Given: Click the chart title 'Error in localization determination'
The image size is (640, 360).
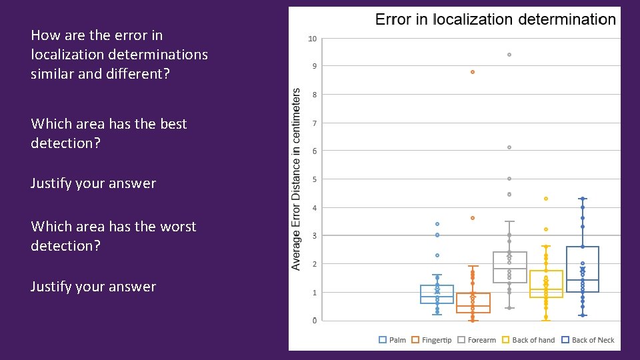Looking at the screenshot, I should [495, 19].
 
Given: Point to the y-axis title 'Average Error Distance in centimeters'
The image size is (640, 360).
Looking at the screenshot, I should [297, 179].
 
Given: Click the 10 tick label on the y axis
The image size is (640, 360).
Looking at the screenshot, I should [312, 39].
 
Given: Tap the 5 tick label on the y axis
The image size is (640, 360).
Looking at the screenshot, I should [314, 179].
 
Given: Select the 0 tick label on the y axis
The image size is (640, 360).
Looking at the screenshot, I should [314, 321].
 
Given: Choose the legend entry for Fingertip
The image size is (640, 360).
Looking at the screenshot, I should [431, 340].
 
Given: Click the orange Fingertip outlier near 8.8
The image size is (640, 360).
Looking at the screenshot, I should [473, 72].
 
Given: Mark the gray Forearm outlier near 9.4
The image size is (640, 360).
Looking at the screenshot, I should [509, 55].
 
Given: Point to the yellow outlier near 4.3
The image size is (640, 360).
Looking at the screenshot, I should [546, 199].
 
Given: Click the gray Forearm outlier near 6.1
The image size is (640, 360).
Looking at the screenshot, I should [509, 147].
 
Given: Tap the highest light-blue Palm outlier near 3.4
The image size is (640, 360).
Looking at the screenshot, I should [437, 224].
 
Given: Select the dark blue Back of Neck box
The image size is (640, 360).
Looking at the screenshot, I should [583, 269].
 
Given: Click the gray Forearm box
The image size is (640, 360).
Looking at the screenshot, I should [509, 267].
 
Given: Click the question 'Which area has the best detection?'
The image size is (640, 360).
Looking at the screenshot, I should [109, 133].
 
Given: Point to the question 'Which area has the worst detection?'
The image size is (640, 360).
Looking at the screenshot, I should [113, 236].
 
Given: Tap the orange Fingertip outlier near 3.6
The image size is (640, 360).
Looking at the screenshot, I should [473, 218].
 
